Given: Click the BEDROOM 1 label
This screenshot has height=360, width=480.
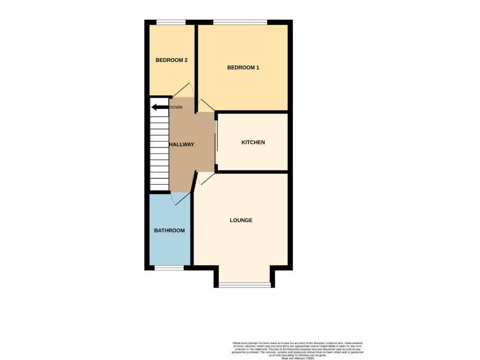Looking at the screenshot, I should tap(243, 67).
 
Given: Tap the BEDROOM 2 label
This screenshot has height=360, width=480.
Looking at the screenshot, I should tap(172, 60).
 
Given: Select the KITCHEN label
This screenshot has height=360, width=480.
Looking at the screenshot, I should tap(253, 142).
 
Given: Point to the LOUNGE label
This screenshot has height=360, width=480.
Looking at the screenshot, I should tap(241, 220).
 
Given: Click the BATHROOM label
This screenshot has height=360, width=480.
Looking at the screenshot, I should tap(169, 231).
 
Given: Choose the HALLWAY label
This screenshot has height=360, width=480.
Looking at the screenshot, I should tap(181, 144).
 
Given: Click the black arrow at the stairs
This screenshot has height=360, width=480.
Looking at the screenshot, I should tap(159, 107).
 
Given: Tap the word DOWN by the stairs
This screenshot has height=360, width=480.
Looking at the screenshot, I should tap(176, 107).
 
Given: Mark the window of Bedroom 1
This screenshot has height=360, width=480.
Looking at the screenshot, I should tap(240, 22).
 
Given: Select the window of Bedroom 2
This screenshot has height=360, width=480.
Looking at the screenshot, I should tap(171, 22).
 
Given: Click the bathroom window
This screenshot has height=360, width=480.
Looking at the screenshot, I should tap(169, 268).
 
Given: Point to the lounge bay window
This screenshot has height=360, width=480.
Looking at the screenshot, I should tap(244, 285).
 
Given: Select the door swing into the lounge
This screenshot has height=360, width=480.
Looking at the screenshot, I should tap(205, 178).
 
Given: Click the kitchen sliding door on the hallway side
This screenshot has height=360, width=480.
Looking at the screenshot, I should tap(216, 142).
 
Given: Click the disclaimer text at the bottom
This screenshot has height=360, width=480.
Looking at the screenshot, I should tap(298, 349).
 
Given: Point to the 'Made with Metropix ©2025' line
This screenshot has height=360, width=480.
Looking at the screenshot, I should tap(298, 358).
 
